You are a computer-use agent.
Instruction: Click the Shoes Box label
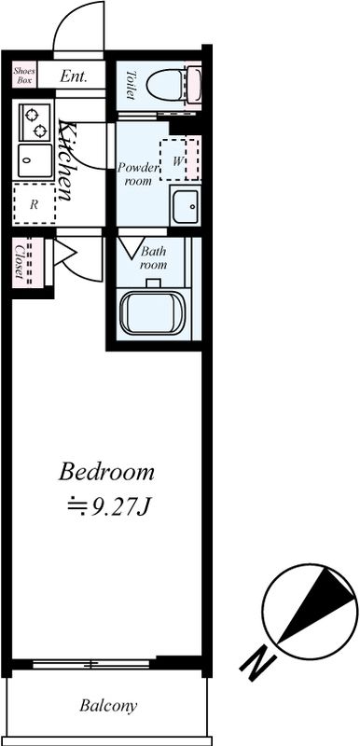pyautogui.click(x=23, y=76)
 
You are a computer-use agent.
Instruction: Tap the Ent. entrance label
pyautogui.click(x=74, y=76)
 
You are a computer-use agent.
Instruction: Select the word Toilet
pyautogui.click(x=131, y=85)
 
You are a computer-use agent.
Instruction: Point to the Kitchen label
pyautogui.click(x=66, y=159)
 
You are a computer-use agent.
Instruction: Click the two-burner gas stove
pyautogui.click(x=35, y=122)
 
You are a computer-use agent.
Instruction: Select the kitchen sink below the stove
pyautogui.click(x=35, y=160)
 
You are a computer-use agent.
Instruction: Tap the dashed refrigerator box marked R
pyautogui.click(x=35, y=203)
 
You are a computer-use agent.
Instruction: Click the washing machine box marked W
pyautogui.click(x=179, y=159)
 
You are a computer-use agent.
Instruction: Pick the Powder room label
pyautogui.click(x=138, y=173)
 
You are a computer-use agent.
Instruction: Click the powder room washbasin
pyautogui.click(x=186, y=206)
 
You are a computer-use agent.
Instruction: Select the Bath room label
pyautogui.click(x=153, y=258)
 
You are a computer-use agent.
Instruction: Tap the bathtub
pyautogui.click(x=152, y=312)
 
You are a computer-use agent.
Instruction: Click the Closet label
pyautogui.click(x=20, y=261)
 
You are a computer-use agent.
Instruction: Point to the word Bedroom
pyautogui.click(x=106, y=473)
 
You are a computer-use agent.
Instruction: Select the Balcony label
pyautogui.click(x=108, y=705)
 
